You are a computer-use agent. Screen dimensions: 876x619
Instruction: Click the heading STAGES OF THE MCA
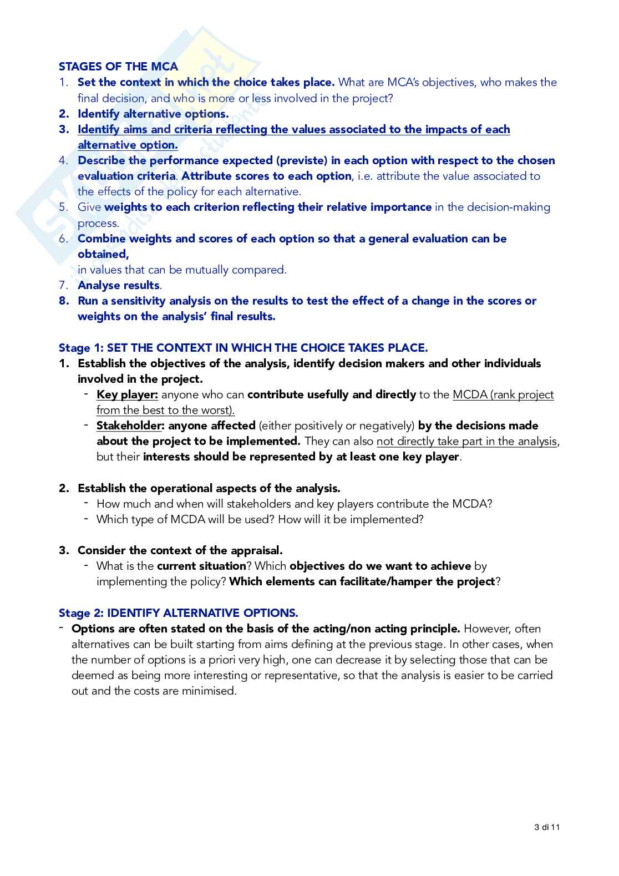[x=118, y=67]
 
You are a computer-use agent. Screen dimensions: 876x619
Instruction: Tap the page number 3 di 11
[x=547, y=827]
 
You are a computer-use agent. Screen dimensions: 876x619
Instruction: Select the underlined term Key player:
[x=127, y=394]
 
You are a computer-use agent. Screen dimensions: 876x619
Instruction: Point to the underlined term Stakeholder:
[x=130, y=426]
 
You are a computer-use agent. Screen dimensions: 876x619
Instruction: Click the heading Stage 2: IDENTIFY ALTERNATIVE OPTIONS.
[x=178, y=613]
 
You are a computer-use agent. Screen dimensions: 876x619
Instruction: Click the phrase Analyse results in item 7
[x=119, y=285]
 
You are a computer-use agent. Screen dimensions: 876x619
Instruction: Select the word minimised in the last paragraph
[x=210, y=691]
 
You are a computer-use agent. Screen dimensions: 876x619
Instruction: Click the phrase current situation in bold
[x=201, y=566]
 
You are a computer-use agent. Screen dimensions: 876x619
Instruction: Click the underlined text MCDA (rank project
[x=503, y=394]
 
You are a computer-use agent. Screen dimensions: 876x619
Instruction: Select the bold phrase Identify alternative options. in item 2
[x=153, y=114]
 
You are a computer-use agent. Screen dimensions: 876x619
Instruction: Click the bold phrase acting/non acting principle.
[x=386, y=629]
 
